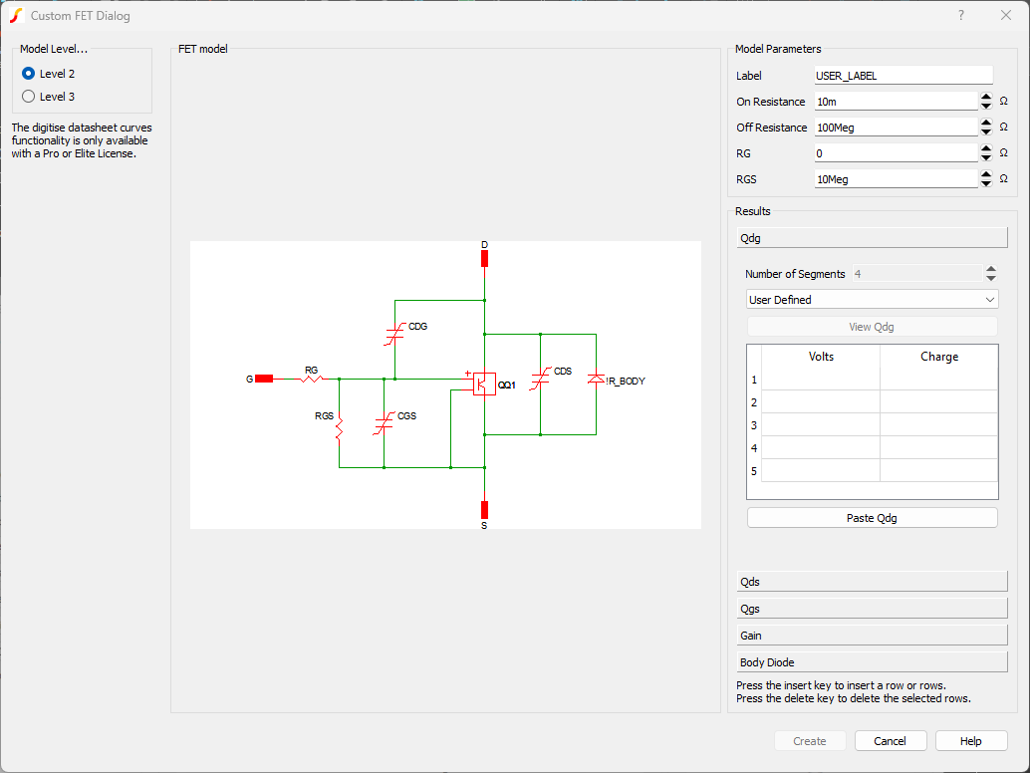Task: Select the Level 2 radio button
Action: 29,74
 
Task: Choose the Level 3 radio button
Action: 29,97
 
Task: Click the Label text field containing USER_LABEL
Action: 902,76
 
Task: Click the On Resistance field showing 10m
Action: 895,102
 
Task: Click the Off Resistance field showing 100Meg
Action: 895,128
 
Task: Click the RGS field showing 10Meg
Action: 895,179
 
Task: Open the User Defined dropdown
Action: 872,300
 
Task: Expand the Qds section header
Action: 872,582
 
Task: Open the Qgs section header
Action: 872,609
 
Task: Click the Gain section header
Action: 872,636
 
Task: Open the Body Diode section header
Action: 872,662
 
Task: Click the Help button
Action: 971,741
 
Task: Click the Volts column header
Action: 821,357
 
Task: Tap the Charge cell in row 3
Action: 938,425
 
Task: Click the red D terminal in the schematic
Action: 484,259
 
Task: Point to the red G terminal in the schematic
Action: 263,379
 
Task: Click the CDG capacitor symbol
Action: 394,335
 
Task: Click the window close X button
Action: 1005,15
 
